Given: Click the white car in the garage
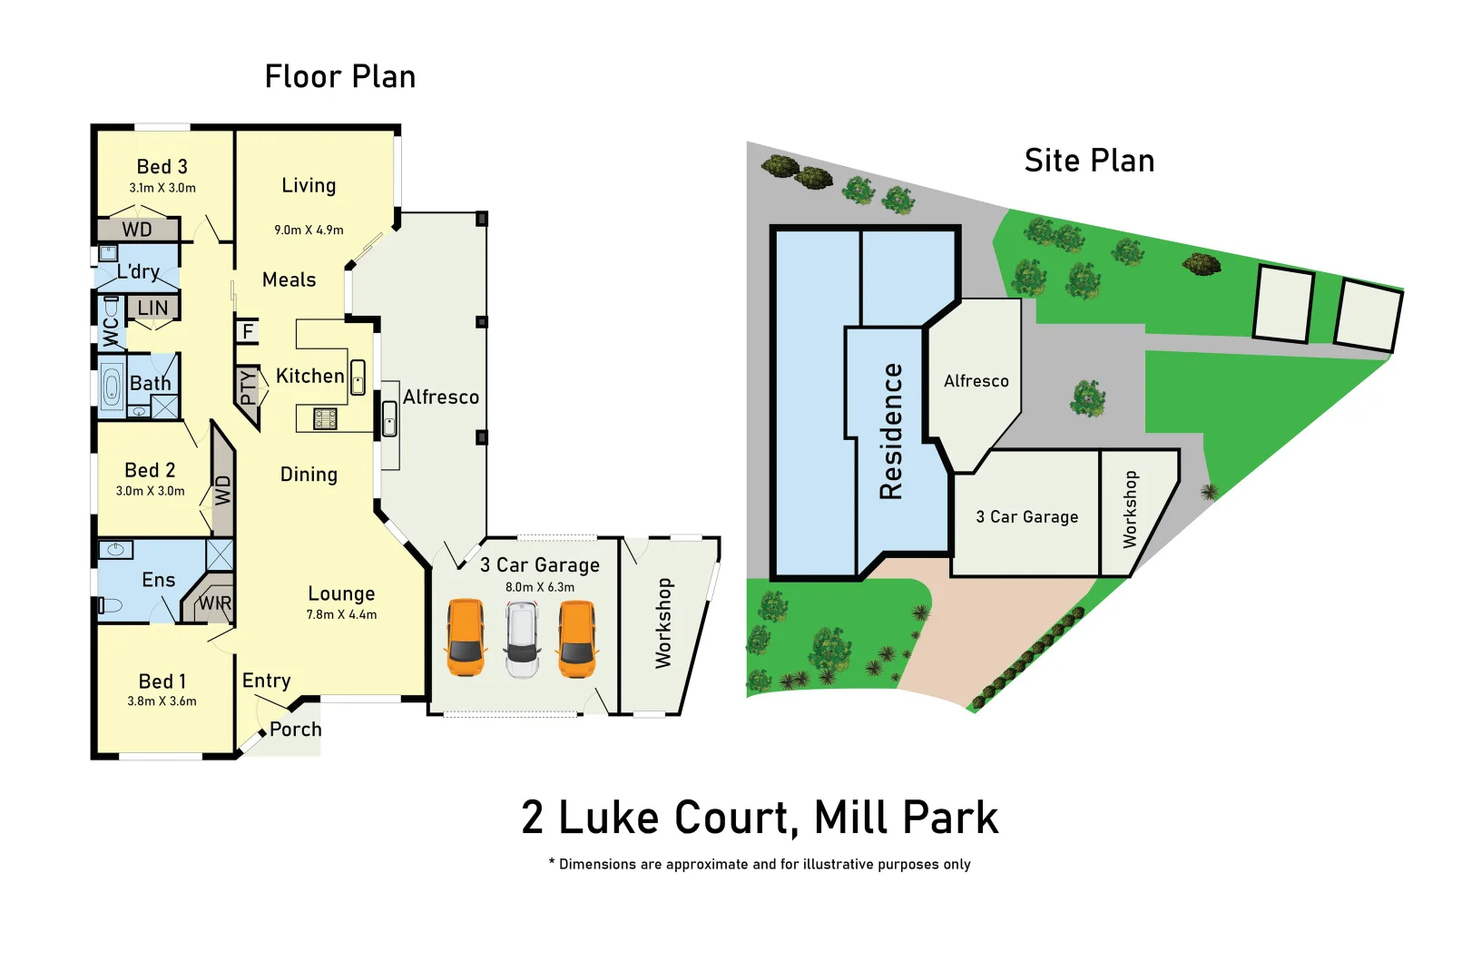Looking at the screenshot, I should [x=522, y=641].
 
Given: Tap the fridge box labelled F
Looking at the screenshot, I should [x=248, y=331].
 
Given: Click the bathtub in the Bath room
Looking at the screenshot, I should [x=112, y=388].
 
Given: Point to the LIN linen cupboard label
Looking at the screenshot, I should [x=152, y=309].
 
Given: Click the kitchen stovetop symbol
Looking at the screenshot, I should [x=325, y=418].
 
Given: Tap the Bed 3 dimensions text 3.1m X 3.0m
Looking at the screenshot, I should [x=162, y=188].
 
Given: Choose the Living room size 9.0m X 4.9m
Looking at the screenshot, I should [x=309, y=230].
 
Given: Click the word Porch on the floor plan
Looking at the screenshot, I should [x=296, y=730].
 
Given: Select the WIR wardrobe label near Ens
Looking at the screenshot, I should [x=215, y=603].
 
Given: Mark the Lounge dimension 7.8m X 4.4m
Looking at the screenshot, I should [x=341, y=615].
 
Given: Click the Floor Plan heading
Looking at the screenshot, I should [x=340, y=77].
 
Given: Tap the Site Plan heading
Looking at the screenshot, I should [x=1089, y=161].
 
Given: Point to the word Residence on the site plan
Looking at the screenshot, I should [x=891, y=431].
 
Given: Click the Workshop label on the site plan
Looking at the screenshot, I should [x=1130, y=509].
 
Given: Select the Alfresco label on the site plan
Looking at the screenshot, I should [x=976, y=381].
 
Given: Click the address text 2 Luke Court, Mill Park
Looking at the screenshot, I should [x=760, y=817].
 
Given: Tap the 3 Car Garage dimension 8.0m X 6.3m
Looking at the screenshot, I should [x=540, y=587].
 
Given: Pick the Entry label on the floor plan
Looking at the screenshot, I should [x=266, y=681].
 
